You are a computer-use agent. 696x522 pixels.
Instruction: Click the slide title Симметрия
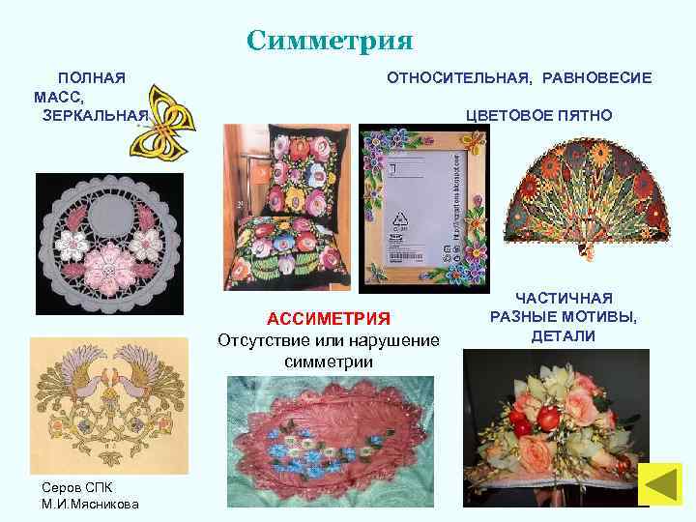click(x=329, y=41)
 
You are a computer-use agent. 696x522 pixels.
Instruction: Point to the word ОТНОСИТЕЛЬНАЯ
click(x=459, y=76)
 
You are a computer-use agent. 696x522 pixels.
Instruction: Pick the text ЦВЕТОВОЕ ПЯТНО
click(x=538, y=115)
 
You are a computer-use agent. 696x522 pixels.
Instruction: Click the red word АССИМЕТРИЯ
click(x=329, y=320)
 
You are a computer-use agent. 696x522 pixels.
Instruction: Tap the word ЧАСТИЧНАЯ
click(x=564, y=299)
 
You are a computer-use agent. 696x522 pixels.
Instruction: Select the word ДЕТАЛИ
click(x=564, y=335)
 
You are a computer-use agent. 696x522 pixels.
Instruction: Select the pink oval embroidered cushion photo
click(x=325, y=441)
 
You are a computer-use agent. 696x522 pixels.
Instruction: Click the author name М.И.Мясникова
click(x=91, y=504)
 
